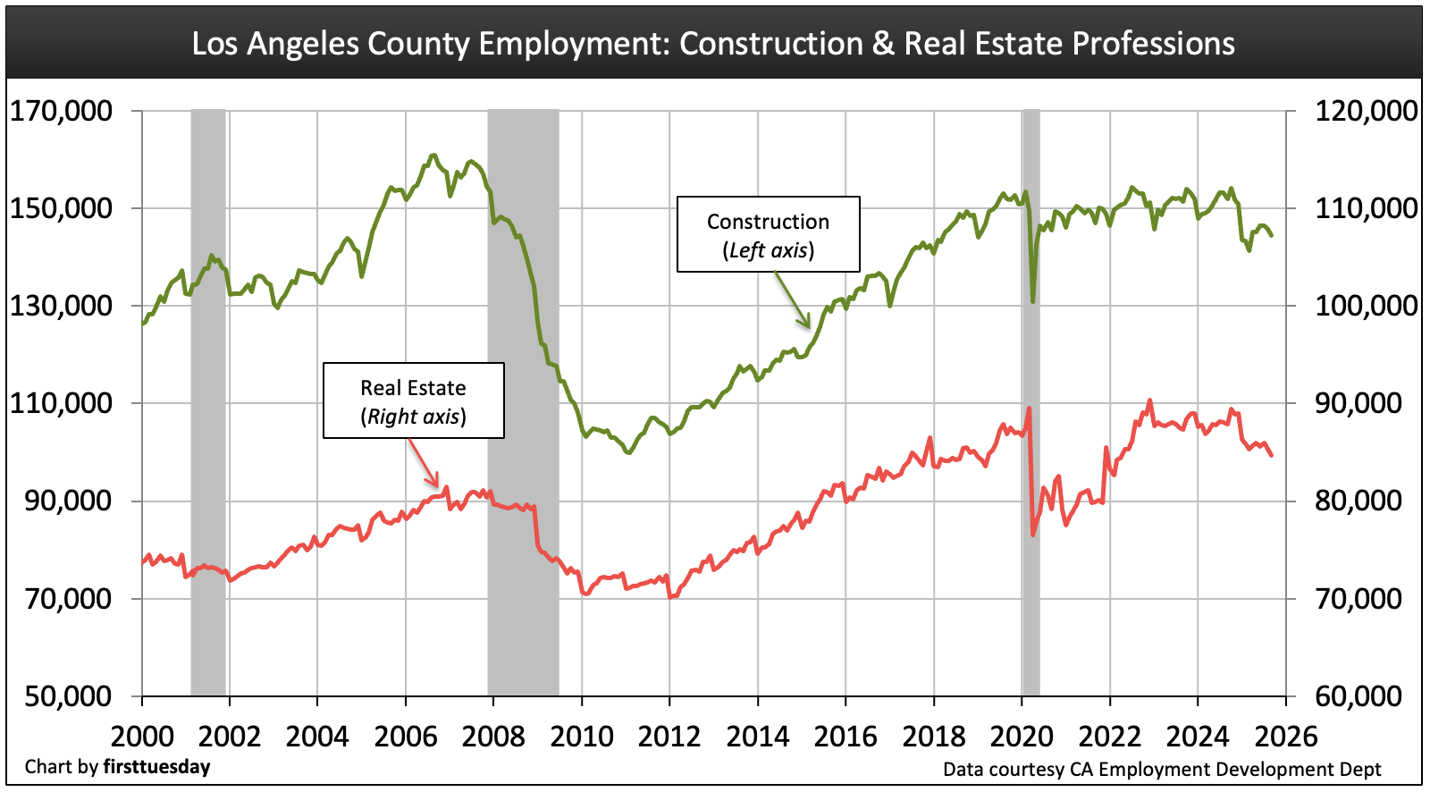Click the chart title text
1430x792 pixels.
[713, 43]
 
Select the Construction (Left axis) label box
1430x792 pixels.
[768, 234]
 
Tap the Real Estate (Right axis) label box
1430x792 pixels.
[413, 400]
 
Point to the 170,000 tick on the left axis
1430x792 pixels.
[61, 111]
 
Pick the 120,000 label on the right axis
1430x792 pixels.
[1366, 111]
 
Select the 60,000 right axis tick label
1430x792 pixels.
[1358, 695]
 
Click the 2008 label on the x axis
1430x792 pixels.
[493, 737]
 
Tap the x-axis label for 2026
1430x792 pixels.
[1285, 737]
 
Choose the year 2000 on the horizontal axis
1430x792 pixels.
[142, 737]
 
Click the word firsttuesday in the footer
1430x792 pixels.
[156, 767]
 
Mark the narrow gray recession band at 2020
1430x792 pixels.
[1030, 402]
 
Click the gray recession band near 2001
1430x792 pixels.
[208, 402]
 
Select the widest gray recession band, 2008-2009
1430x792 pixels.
[523, 402]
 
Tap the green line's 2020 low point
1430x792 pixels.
[1033, 301]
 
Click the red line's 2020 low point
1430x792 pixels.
[1033, 535]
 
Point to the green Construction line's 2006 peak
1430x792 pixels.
[433, 156]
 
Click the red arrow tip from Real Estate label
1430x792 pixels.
[438, 486]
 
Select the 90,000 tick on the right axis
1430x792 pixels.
[1358, 403]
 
